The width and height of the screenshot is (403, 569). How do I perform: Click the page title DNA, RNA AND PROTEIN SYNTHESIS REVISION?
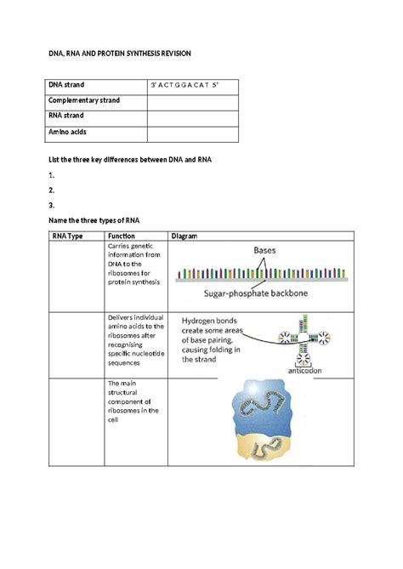118,53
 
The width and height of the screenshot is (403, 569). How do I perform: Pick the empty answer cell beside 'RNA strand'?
193,117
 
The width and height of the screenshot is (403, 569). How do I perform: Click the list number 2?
51,190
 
